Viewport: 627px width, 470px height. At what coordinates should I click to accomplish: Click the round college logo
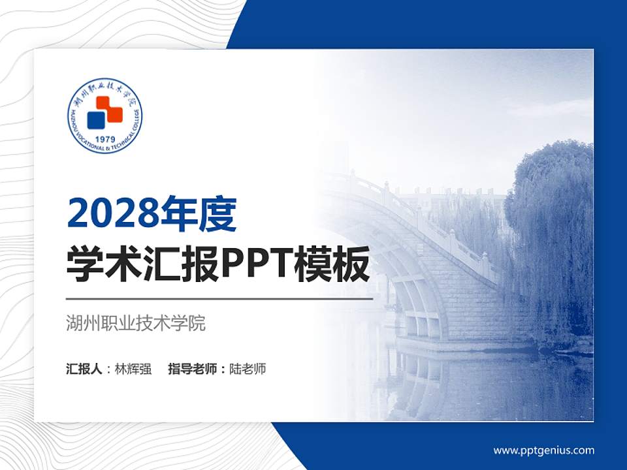point(105,117)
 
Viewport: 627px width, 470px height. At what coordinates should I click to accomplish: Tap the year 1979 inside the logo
point(105,140)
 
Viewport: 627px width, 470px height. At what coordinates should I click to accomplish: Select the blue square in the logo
point(97,119)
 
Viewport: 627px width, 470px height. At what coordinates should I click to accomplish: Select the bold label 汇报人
point(84,369)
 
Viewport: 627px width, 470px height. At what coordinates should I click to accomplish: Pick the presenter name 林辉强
point(133,369)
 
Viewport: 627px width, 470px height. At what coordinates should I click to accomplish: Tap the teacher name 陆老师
point(248,369)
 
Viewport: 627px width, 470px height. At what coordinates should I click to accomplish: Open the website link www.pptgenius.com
point(543,450)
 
